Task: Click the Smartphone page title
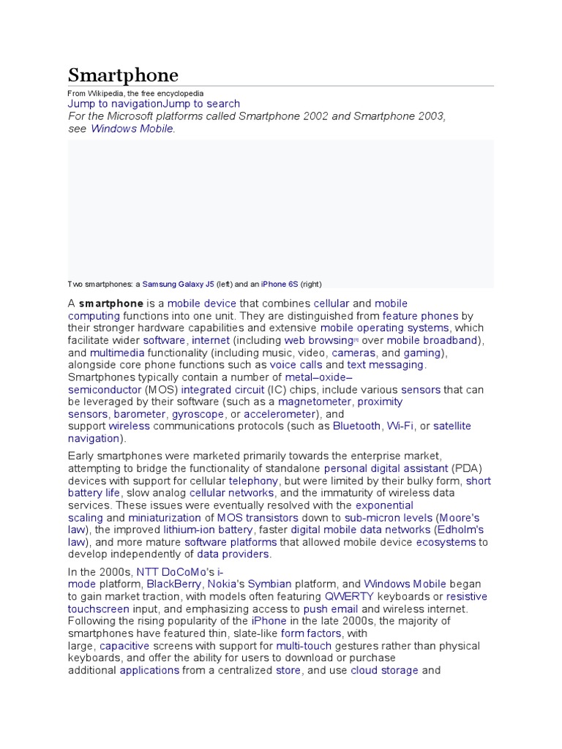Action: click(x=123, y=75)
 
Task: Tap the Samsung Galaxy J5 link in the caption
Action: click(x=179, y=284)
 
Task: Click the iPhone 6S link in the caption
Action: click(x=280, y=284)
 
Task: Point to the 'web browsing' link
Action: click(x=318, y=340)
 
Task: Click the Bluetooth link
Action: click(x=356, y=426)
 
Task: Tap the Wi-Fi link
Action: click(x=400, y=426)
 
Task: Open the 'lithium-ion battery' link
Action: click(x=208, y=530)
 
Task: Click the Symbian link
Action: click(x=269, y=584)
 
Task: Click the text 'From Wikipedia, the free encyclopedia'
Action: click(x=135, y=94)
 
